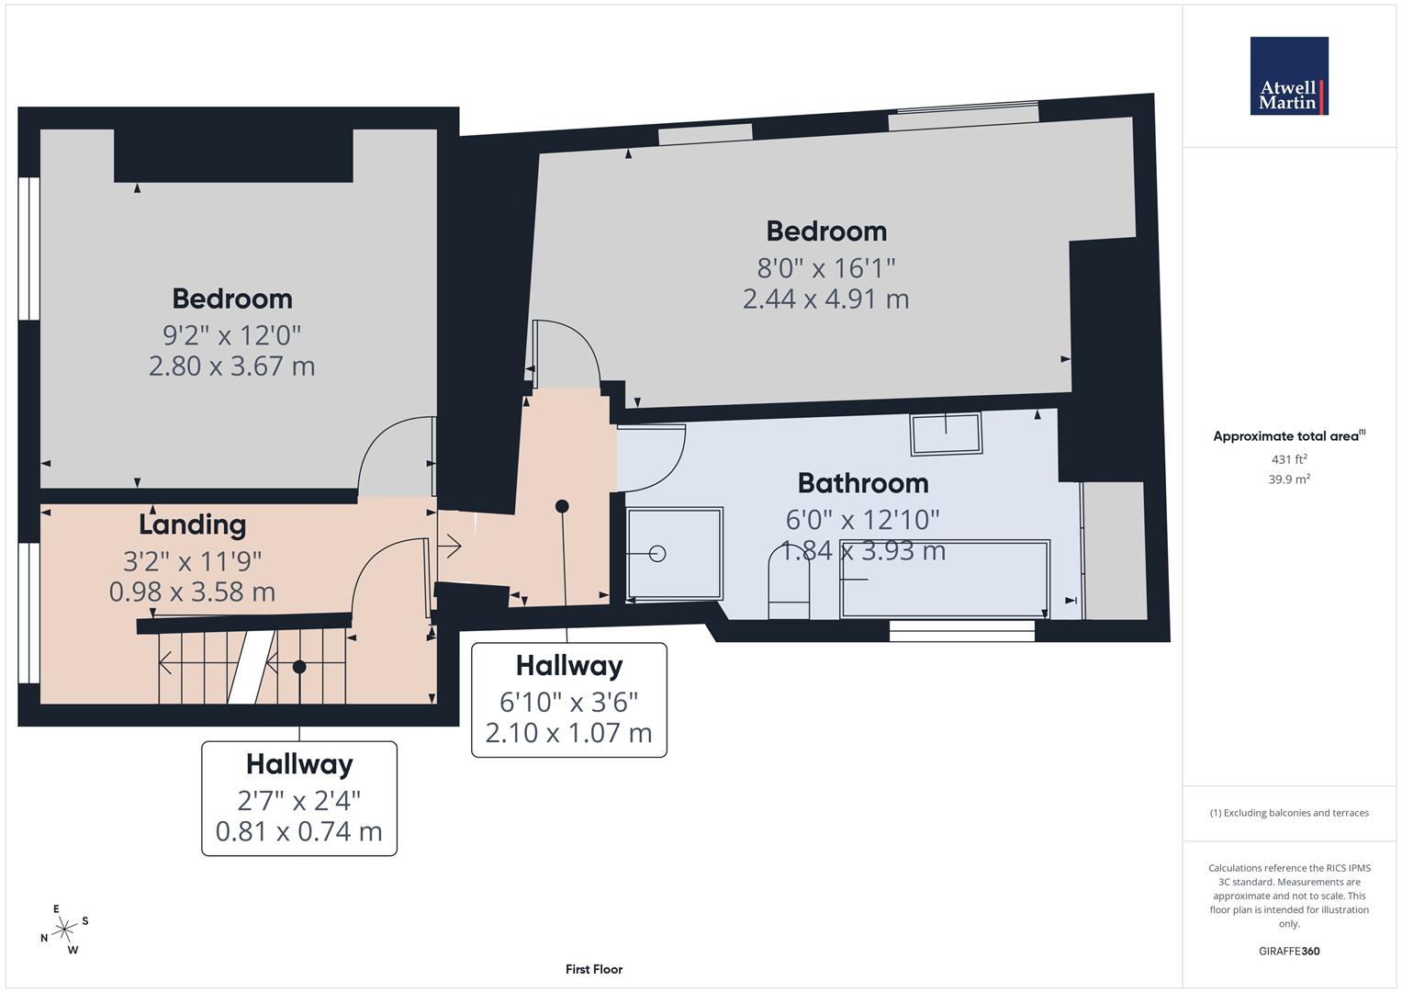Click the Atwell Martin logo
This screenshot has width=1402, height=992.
coord(1288,76)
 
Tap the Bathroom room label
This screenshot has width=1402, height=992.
coord(862,483)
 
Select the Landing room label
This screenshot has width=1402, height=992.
coord(192,524)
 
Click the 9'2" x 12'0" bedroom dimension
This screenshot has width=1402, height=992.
coord(231,334)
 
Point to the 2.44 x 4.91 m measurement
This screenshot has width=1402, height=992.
coord(825,299)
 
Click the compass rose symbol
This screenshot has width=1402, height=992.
coord(64,930)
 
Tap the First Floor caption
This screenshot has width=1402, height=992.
coord(593,969)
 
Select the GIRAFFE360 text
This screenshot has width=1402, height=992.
coord(1288,951)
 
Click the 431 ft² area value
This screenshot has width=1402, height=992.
coord(1288,459)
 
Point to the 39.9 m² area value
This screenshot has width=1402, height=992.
coord(1288,479)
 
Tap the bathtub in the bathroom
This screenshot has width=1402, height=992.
coord(945,580)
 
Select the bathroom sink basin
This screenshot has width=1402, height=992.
coord(946,433)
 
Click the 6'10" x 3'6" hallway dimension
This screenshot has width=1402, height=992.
coord(568,702)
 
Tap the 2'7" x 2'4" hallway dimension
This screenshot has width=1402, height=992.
coord(298,800)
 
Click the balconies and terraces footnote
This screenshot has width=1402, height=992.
coord(1288,813)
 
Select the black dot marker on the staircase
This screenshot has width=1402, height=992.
coord(298,668)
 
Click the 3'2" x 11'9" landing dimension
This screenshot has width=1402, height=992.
coord(192,560)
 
